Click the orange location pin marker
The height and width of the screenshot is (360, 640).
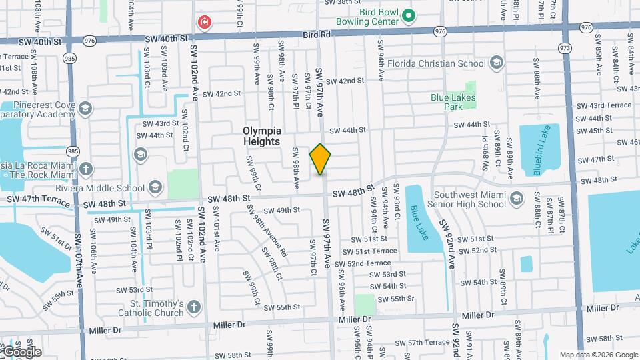tap(320, 159)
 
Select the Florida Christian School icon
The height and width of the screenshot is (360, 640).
tap(495, 63)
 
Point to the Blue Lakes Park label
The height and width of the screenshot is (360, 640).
tap(446, 101)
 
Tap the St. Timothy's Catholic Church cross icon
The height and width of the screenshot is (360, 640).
tap(193, 307)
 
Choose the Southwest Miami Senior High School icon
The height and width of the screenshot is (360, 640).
tap(536, 199)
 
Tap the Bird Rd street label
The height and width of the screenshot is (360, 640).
tap(316, 34)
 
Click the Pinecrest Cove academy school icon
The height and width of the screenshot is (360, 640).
tap(85, 109)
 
